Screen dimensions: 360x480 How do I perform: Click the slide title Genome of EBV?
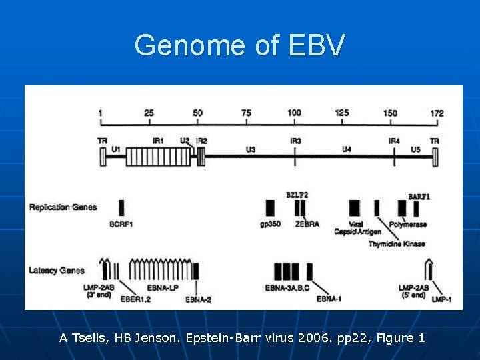(240, 45)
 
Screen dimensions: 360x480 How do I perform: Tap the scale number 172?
(437, 113)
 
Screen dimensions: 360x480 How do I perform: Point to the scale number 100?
(295, 113)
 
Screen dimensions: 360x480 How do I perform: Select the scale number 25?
(149, 113)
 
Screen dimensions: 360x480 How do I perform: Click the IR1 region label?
(158, 141)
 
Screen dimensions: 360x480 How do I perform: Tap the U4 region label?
(347, 149)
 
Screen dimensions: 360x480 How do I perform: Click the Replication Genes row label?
(63, 207)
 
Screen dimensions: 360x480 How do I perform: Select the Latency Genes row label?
(57, 270)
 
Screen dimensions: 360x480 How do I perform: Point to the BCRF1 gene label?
(121, 224)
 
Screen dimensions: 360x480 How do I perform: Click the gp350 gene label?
(269, 224)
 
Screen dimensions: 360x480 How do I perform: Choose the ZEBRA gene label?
(307, 224)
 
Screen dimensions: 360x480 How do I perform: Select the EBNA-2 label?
(199, 299)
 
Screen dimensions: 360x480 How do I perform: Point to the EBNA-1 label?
(329, 299)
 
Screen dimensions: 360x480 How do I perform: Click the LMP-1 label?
(441, 299)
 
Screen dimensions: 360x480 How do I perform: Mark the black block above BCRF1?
(121, 207)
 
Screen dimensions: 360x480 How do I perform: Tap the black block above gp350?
(270, 207)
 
